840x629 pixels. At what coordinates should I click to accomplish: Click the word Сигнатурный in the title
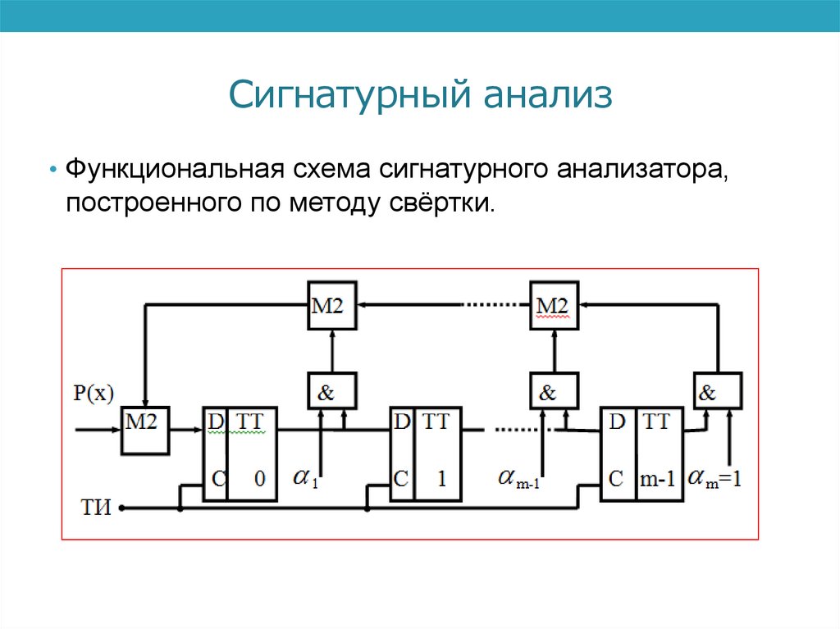(351, 95)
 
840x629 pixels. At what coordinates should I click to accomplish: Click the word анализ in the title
(549, 95)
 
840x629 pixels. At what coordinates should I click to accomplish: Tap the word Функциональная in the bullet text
(175, 169)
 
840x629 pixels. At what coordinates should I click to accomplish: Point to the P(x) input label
(94, 394)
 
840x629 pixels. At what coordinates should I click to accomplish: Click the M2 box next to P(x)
(145, 431)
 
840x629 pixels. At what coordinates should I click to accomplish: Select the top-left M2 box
(332, 305)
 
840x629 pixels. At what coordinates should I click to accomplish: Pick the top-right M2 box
(554, 305)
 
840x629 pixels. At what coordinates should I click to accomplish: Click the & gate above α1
(332, 391)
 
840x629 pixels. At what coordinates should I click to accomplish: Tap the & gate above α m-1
(554, 391)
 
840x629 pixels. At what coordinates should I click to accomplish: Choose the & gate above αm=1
(718, 391)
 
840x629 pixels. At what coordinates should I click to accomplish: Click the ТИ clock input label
(96, 508)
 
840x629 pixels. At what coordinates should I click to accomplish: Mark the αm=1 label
(714, 478)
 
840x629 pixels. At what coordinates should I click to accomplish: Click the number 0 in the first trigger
(260, 478)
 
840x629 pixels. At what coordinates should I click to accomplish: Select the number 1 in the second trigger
(441, 478)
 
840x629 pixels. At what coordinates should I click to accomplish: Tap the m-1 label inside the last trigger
(658, 479)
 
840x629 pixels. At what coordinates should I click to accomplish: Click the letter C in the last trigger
(616, 478)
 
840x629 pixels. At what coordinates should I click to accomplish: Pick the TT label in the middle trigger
(436, 422)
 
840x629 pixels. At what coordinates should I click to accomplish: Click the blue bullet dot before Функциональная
(52, 170)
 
